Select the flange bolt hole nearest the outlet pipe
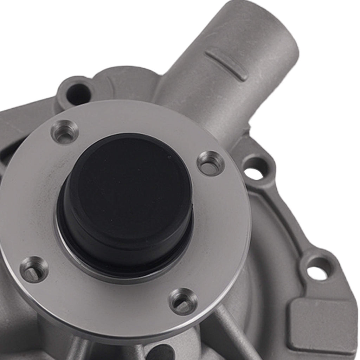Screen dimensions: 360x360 pyautogui.click(x=211, y=163)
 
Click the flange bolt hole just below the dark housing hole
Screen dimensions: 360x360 pyautogui.click(x=65, y=131)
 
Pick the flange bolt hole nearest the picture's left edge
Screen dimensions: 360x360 pyautogui.click(x=34, y=269)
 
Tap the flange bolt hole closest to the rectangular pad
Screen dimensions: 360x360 pyautogui.click(x=183, y=301)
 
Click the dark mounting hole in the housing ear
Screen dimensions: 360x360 pyautogui.click(x=78, y=94)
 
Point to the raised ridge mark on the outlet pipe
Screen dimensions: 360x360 pyautogui.click(x=226, y=64)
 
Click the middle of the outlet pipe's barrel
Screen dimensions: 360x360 pyautogui.click(x=211, y=88)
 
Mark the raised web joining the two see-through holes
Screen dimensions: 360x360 pyautogui.click(x=285, y=218)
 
